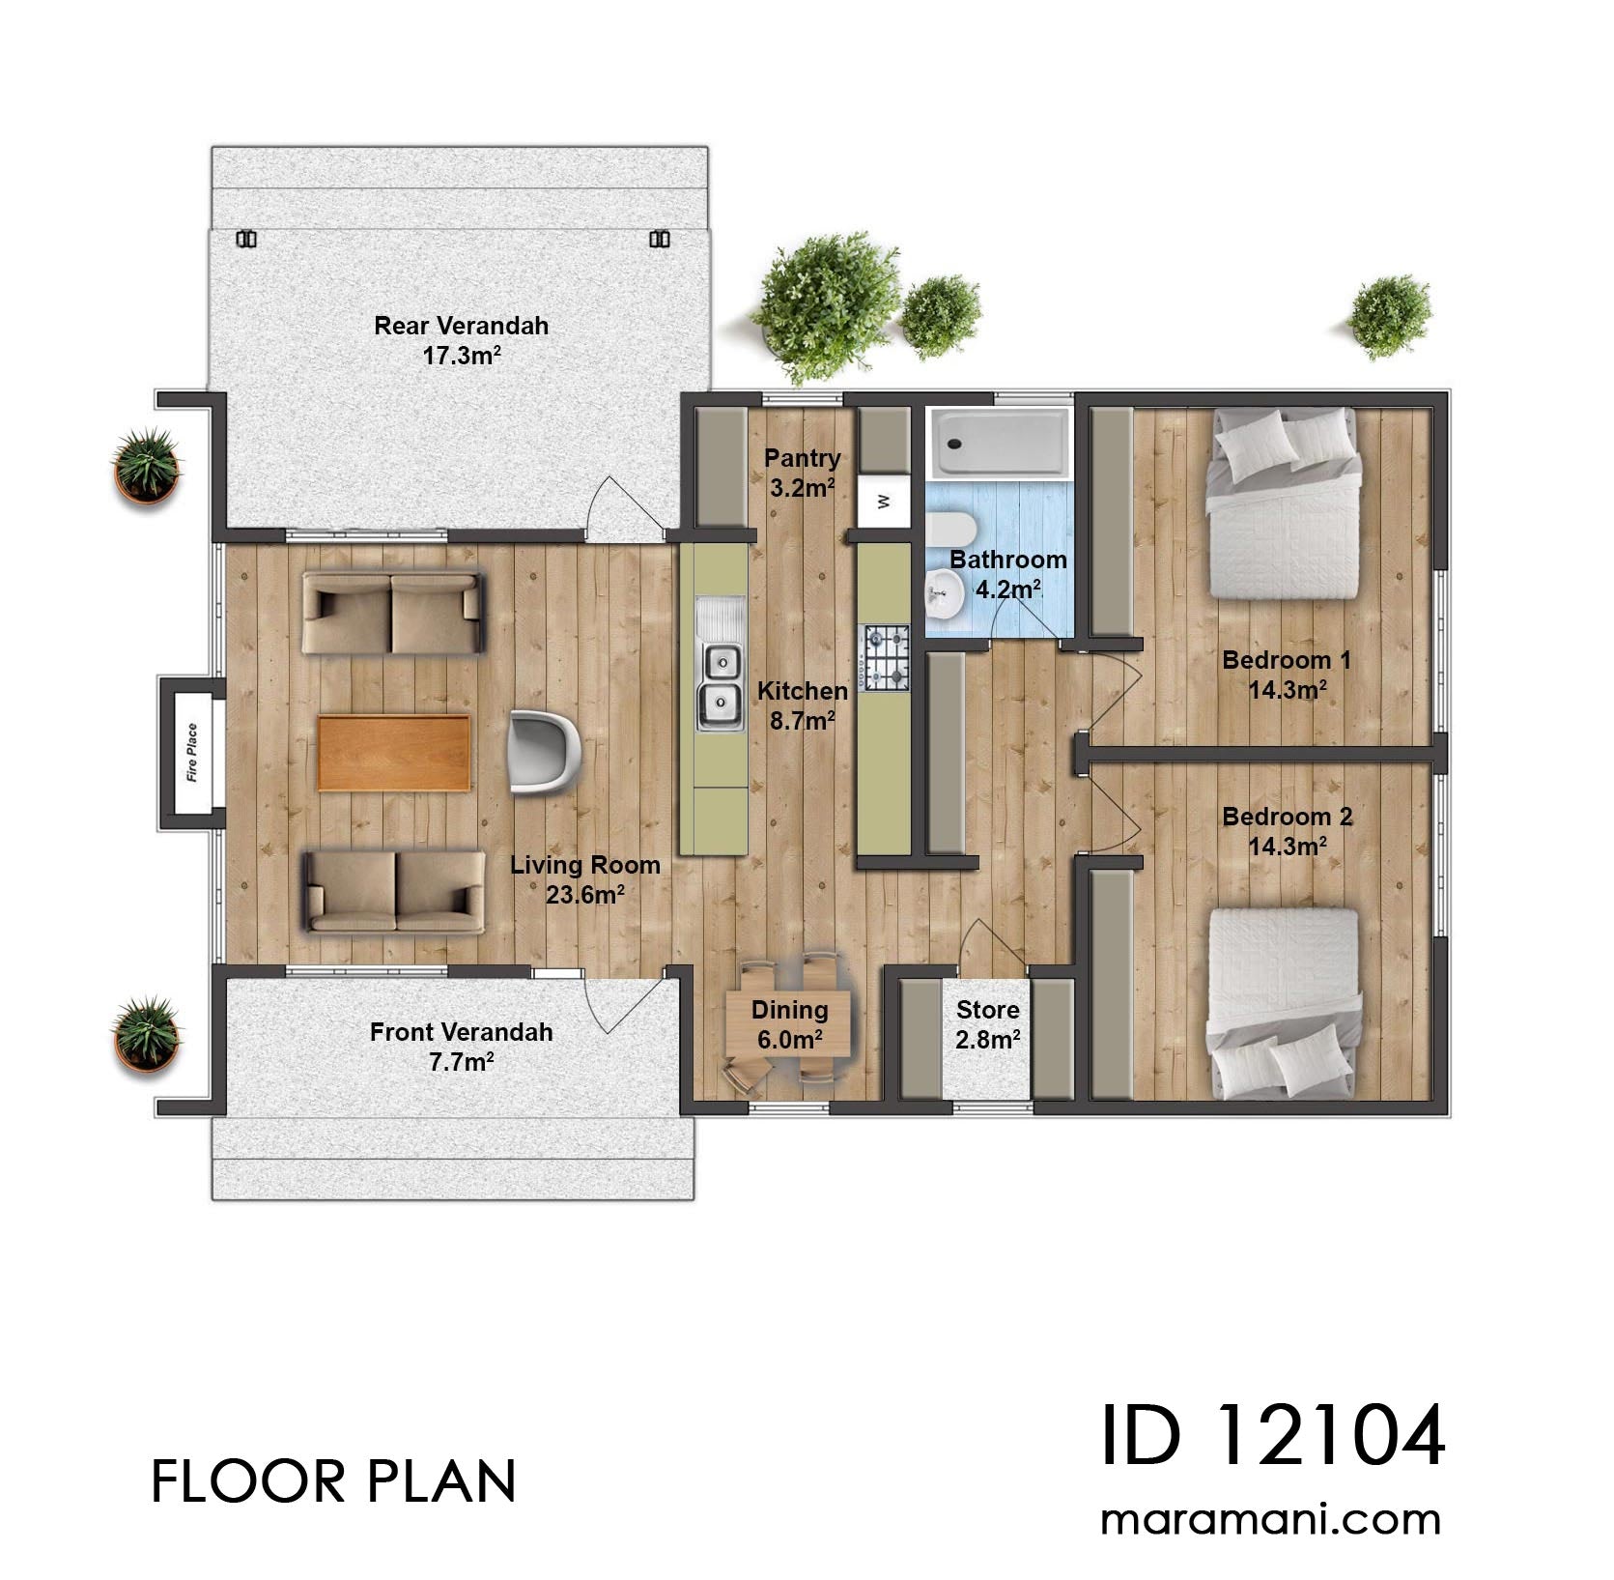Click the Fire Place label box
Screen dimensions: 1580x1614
pyautogui.click(x=191, y=753)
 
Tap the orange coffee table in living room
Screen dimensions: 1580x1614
pyautogui.click(x=394, y=753)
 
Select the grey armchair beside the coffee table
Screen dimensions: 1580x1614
pyautogui.click(x=544, y=751)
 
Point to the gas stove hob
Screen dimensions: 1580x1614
pyautogui.click(x=887, y=657)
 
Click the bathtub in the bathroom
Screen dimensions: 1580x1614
pyautogui.click(x=999, y=444)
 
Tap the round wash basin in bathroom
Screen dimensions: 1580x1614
pyautogui.click(x=942, y=593)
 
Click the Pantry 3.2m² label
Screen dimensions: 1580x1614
pyautogui.click(x=802, y=473)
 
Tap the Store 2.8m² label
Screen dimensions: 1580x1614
pyautogui.click(x=987, y=1024)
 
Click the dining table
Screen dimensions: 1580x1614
pyautogui.click(x=790, y=1024)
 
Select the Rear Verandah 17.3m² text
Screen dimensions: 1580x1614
pyautogui.click(x=461, y=340)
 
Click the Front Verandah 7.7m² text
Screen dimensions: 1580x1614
pyautogui.click(x=461, y=1047)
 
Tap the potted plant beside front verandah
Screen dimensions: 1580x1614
pyautogui.click(x=147, y=1034)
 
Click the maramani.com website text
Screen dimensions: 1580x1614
pyautogui.click(x=1271, y=1520)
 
